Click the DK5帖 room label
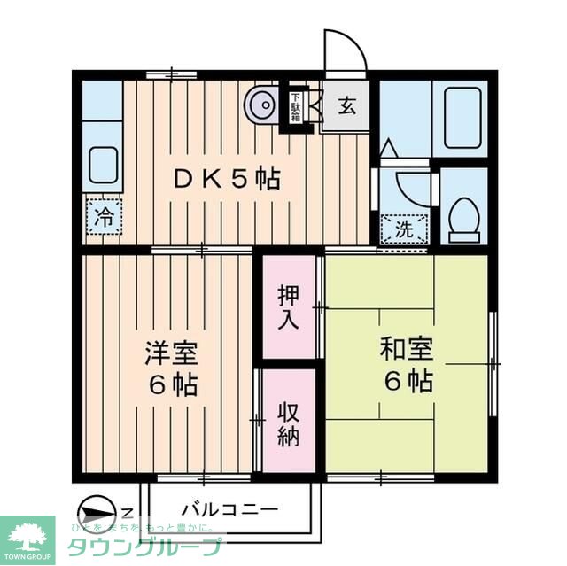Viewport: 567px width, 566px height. click(225, 180)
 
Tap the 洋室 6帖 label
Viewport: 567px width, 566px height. click(171, 368)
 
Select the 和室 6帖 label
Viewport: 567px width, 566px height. click(407, 364)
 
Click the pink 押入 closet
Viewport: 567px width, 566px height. click(288, 306)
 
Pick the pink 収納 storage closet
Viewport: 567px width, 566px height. click(288, 425)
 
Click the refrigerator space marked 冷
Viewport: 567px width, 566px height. click(104, 217)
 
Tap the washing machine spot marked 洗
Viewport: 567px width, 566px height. click(403, 227)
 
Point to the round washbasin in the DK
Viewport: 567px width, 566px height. click(262, 105)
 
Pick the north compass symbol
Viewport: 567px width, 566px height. click(97, 513)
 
